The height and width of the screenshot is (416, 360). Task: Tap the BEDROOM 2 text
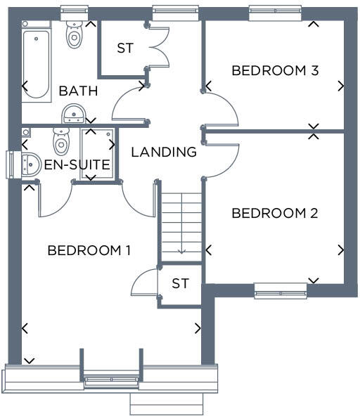275,213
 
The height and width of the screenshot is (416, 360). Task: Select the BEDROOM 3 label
275,70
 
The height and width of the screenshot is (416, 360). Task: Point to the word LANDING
164,151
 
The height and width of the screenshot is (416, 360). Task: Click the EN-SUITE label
77,165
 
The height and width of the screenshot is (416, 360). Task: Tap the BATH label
78,91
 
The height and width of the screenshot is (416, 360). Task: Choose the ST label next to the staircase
181,283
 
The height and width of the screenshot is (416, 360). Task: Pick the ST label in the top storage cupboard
124,48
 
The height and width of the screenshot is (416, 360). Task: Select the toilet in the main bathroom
74,34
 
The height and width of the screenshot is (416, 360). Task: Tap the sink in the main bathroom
74,114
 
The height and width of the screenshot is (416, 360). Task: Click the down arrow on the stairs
181,249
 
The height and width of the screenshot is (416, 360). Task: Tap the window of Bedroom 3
275,11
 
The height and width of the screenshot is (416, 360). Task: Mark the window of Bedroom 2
281,290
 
